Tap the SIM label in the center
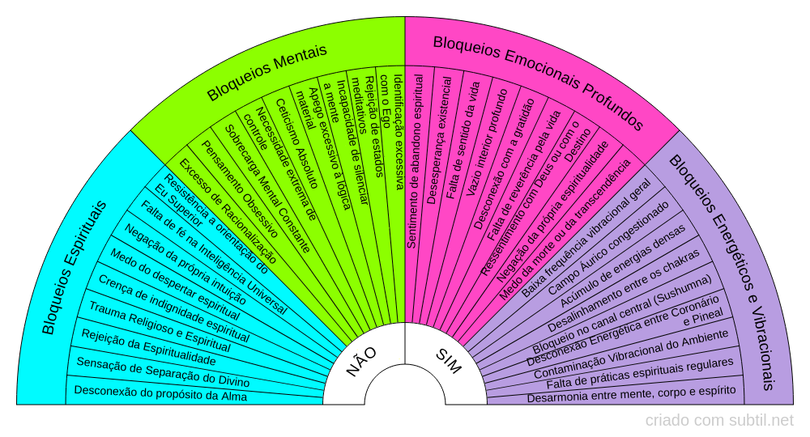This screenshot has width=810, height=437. coord(448,362)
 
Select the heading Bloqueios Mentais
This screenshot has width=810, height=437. coord(266,72)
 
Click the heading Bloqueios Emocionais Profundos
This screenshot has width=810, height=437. coord(538,82)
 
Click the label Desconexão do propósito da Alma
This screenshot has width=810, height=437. coord(160,394)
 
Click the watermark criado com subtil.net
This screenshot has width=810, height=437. coord(719,421)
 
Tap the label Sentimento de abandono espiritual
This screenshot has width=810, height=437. coord(415,161)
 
